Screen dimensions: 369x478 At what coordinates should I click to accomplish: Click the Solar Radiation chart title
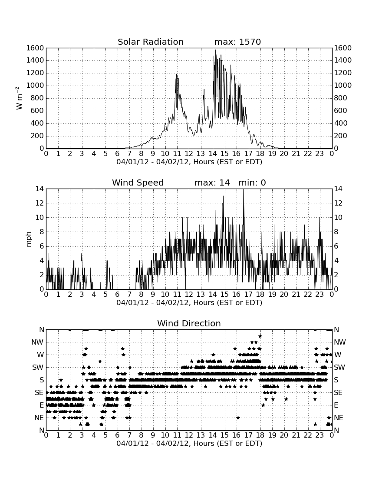pyautogui.click(x=150, y=42)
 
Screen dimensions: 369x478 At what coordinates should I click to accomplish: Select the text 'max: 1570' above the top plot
pyautogui.click(x=237, y=42)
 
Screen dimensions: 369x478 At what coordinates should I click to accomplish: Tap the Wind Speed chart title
pyautogui.click(x=138, y=183)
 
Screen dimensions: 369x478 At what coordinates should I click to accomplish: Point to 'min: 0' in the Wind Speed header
pyautogui.click(x=252, y=183)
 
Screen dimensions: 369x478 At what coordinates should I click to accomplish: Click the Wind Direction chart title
pyautogui.click(x=189, y=323)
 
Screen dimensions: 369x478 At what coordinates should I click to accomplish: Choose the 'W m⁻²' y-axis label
pyautogui.click(x=19, y=98)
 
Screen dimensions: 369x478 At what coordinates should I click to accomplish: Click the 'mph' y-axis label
pyautogui.click(x=28, y=239)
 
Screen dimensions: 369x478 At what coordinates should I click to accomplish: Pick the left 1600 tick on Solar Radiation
pyautogui.click(x=35, y=48)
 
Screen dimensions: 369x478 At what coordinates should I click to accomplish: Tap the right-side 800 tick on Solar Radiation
pyautogui.click(x=340, y=98)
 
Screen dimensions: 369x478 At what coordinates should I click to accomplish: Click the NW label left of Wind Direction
pyautogui.click(x=37, y=342)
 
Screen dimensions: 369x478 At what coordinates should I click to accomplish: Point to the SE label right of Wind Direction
pyautogui.click(x=338, y=393)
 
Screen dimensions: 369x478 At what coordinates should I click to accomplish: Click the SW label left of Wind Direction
pyautogui.click(x=38, y=367)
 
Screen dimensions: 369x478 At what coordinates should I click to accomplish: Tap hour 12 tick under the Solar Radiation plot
pyautogui.click(x=189, y=153)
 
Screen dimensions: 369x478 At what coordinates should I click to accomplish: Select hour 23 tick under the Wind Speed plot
pyautogui.click(x=320, y=294)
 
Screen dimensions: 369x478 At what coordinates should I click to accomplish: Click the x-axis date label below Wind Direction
pyautogui.click(x=189, y=443)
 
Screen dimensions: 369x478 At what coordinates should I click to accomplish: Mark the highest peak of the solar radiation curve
pyautogui.click(x=216, y=50)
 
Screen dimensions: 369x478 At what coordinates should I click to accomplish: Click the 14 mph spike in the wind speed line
pyautogui.click(x=244, y=189)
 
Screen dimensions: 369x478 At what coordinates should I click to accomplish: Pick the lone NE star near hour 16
pyautogui.click(x=238, y=418)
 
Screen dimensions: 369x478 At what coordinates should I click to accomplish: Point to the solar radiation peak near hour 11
pyautogui.click(x=176, y=74)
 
